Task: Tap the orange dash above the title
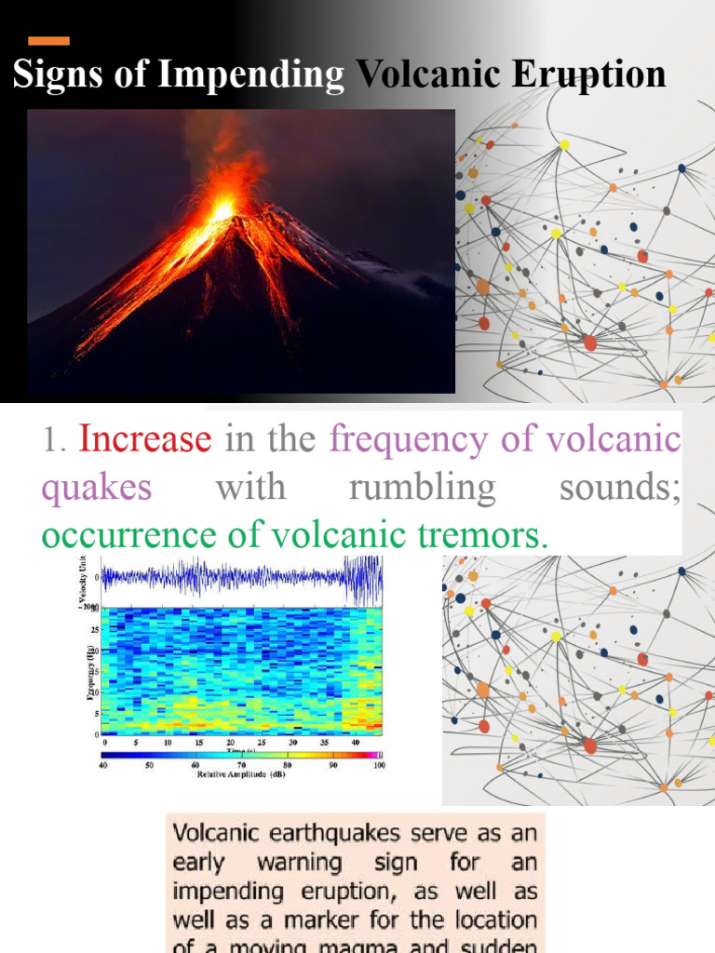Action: coord(49,41)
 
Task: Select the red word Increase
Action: coord(145,438)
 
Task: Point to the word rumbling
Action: coord(422,487)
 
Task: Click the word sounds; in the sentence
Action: coord(620,487)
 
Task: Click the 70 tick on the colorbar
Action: coord(241,765)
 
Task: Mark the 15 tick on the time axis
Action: coord(198,743)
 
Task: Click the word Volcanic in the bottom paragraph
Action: coord(217,833)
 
